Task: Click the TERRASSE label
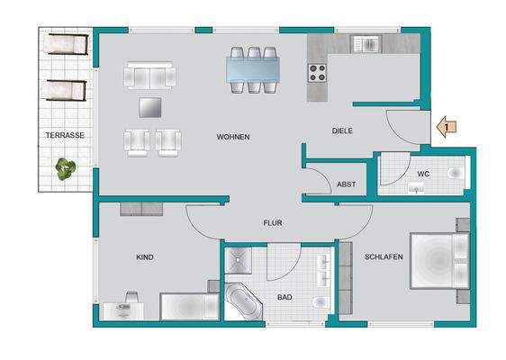[66, 135]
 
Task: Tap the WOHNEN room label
[232, 137]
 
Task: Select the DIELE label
[341, 130]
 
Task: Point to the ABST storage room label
[346, 184]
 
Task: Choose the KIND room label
[144, 257]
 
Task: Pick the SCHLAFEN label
[383, 256]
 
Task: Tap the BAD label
[285, 296]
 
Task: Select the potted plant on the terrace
[65, 168]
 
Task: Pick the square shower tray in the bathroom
[239, 259]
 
